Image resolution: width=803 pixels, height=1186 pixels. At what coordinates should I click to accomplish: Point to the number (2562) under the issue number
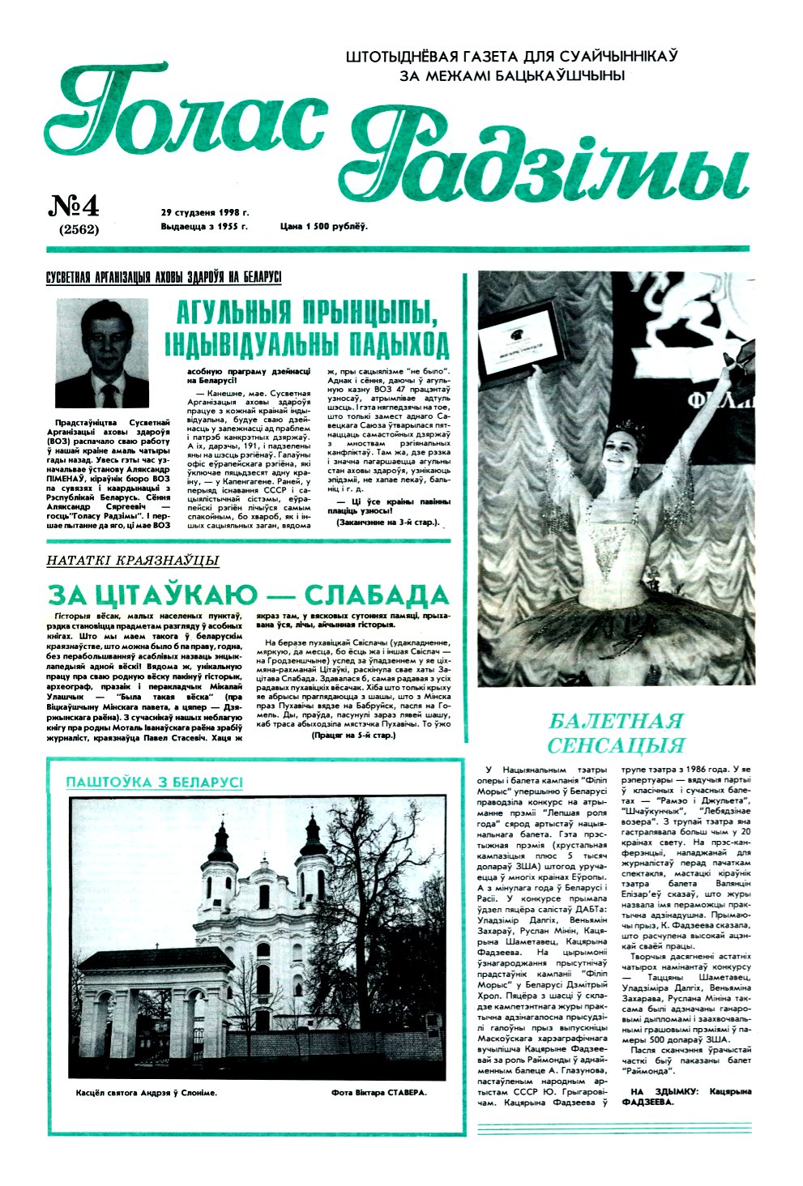pos(79,229)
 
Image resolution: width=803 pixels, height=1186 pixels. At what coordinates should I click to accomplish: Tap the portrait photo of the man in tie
pos(102,353)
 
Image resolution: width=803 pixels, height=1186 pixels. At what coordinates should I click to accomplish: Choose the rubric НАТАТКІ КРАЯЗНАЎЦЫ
pos(133,560)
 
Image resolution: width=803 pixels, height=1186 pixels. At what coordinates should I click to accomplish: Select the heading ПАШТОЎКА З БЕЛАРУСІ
pos(154,782)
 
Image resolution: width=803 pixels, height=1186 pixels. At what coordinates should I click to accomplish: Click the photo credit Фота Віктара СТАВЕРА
pos(378,1092)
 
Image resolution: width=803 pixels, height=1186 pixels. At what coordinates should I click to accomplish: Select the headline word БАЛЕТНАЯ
pos(616,721)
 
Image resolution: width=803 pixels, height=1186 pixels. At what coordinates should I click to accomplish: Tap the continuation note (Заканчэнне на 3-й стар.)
pos(388,523)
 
